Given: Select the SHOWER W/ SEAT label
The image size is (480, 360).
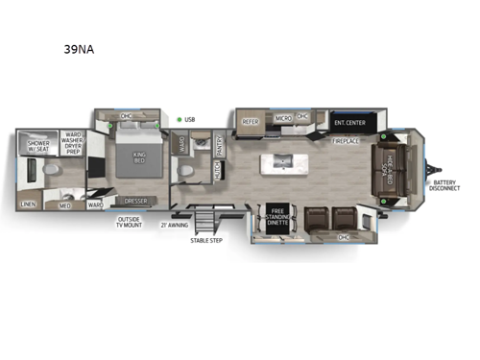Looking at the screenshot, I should [x=37, y=146].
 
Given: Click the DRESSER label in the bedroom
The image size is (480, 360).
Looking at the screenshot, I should [x=135, y=202].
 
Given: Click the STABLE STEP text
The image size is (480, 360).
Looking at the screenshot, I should [x=205, y=239].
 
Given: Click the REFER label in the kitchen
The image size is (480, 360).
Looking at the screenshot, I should [x=250, y=122].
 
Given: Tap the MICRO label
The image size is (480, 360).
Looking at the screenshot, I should [x=283, y=118].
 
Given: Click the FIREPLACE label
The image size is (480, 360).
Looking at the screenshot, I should [x=347, y=141].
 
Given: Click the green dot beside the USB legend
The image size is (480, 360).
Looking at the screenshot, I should [x=179, y=120].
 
